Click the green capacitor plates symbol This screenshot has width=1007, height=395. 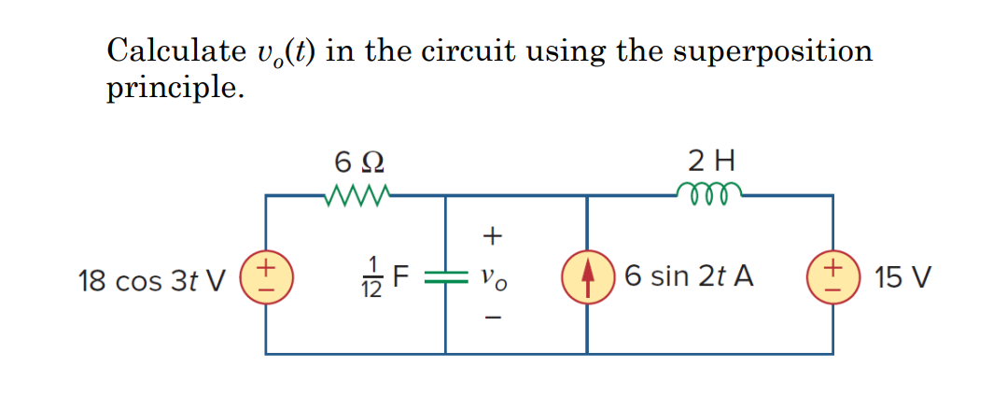click(x=444, y=276)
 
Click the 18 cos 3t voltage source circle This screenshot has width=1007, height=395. click(x=265, y=276)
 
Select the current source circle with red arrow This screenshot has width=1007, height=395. click(x=587, y=276)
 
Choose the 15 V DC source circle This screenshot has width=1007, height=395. click(x=832, y=276)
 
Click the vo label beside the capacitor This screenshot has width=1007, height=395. click(x=494, y=278)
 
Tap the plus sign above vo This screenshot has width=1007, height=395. click(x=494, y=237)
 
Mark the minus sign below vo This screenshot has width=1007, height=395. click(x=494, y=319)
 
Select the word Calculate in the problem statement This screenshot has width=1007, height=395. click(x=169, y=50)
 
